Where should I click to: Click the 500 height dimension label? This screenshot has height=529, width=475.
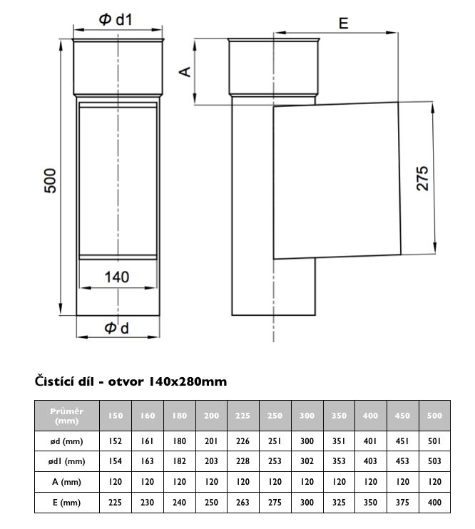[50, 180]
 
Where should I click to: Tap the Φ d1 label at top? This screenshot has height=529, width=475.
[116, 19]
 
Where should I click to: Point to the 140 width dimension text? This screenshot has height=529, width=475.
[117, 277]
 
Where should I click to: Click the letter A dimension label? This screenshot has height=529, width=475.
[185, 71]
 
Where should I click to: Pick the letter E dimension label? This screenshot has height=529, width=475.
[343, 24]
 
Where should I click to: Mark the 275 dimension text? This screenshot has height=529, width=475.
[422, 178]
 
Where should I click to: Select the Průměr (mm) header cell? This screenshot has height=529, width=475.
[67, 416]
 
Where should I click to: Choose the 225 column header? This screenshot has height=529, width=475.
[243, 416]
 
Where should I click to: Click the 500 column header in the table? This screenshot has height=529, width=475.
[434, 416]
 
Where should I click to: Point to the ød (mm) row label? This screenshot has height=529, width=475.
[67, 441]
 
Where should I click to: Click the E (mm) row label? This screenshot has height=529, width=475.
[67, 503]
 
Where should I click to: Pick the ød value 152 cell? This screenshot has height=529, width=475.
[116, 441]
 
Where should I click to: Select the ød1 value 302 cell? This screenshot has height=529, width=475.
[307, 461]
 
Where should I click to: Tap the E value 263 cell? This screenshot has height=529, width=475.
[243, 503]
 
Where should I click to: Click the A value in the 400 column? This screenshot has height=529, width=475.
[371, 482]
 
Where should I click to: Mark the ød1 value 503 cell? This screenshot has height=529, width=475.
[434, 461]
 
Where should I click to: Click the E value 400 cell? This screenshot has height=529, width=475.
[434, 503]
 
